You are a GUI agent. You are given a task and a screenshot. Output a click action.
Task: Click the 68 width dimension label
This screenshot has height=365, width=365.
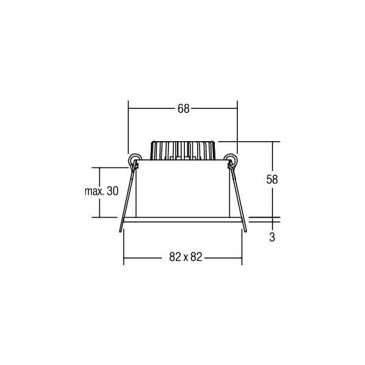pyautogui.click(x=183, y=109)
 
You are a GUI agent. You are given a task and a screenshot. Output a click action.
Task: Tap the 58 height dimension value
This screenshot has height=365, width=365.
pyautogui.click(x=272, y=179)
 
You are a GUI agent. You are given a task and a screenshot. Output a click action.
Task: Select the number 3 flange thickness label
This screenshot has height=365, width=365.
pyautogui.click(x=272, y=238)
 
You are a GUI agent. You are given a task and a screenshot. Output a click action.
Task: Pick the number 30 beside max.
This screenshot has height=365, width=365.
pyautogui.click(x=112, y=192)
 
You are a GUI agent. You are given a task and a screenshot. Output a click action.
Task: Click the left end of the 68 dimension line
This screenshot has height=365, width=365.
pyautogui.click(x=128, y=109)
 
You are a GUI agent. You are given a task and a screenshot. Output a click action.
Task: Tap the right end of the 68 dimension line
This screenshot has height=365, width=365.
pyautogui.click(x=237, y=109)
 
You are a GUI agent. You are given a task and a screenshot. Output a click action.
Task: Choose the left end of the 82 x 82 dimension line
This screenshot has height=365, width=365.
pyautogui.click(x=124, y=257)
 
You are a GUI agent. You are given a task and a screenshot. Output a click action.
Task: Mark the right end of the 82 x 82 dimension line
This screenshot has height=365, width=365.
pyautogui.click(x=242, y=257)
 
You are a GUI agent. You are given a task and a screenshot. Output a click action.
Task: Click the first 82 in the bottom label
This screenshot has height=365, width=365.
pyautogui.click(x=174, y=257)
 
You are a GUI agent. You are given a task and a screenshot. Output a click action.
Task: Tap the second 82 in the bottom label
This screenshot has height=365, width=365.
pyautogui.click(x=195, y=257)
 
